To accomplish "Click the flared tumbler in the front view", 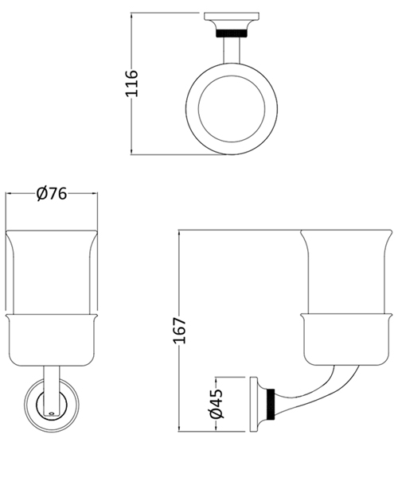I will [52, 270].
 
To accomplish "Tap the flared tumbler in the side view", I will [345, 270].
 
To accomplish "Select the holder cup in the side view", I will [345, 338].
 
